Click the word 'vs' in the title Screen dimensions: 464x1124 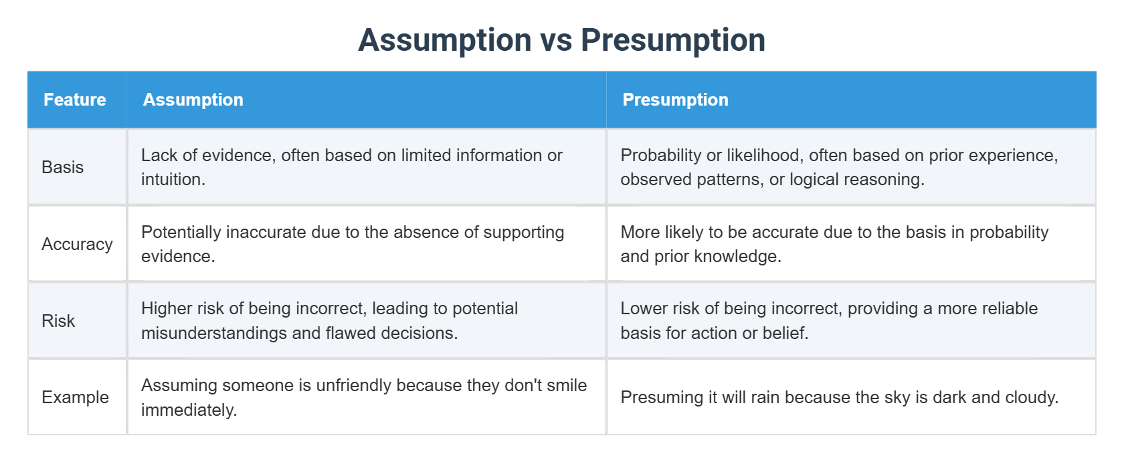[x=556, y=40]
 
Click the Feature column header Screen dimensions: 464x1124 [x=74, y=100]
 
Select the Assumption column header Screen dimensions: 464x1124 [x=193, y=100]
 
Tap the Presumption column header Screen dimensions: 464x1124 [x=674, y=100]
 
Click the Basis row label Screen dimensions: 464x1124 [x=62, y=167]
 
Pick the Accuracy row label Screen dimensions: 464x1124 [x=77, y=244]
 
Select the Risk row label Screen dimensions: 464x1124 [x=58, y=321]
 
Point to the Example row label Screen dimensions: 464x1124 [x=75, y=397]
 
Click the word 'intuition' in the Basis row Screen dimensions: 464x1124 [x=171, y=179]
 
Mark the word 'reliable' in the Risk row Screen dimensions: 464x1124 [x=1008, y=308]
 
